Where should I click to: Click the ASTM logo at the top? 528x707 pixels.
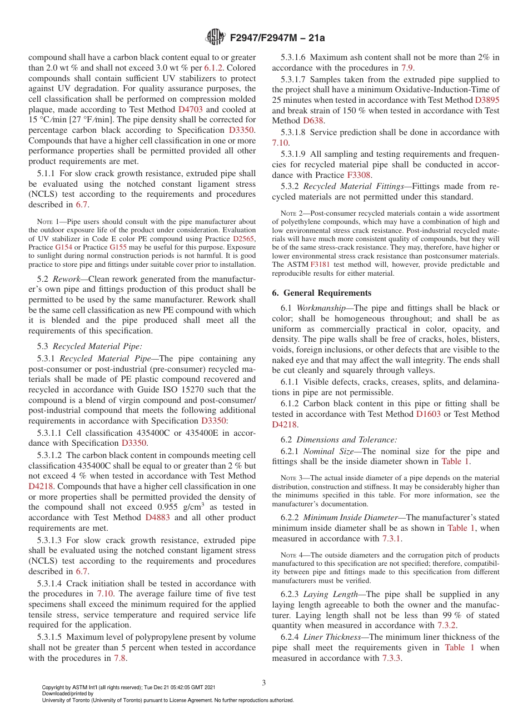215,37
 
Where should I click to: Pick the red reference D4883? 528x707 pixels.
158,517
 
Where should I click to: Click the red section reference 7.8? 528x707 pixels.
120,658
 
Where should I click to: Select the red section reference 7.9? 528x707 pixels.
407,68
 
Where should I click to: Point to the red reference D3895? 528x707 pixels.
487,99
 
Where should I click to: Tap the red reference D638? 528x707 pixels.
313,121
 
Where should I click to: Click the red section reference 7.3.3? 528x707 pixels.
392,658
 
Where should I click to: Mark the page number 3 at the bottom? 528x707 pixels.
264,683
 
